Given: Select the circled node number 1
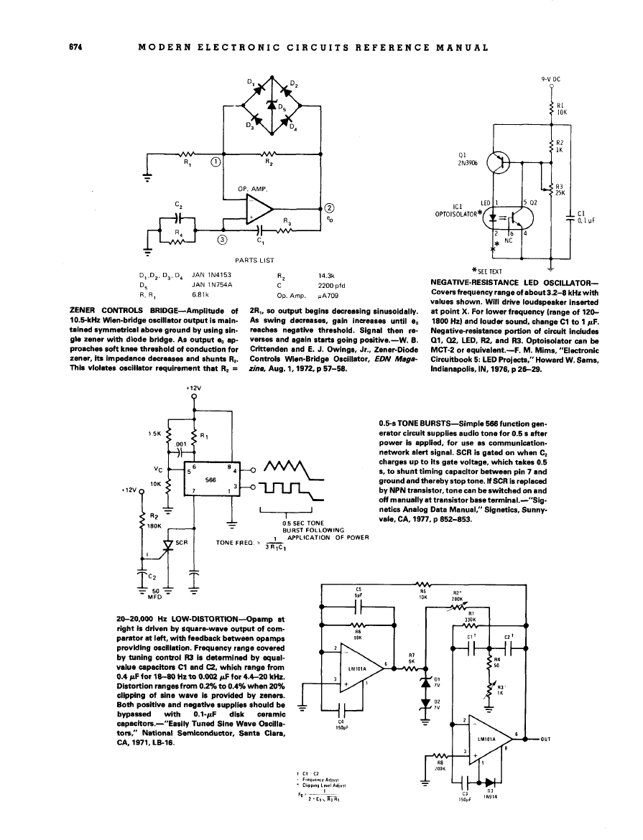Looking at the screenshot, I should click(x=216, y=161).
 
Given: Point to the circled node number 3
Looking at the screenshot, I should click(x=222, y=240).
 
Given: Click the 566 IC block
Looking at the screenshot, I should click(x=212, y=480).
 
